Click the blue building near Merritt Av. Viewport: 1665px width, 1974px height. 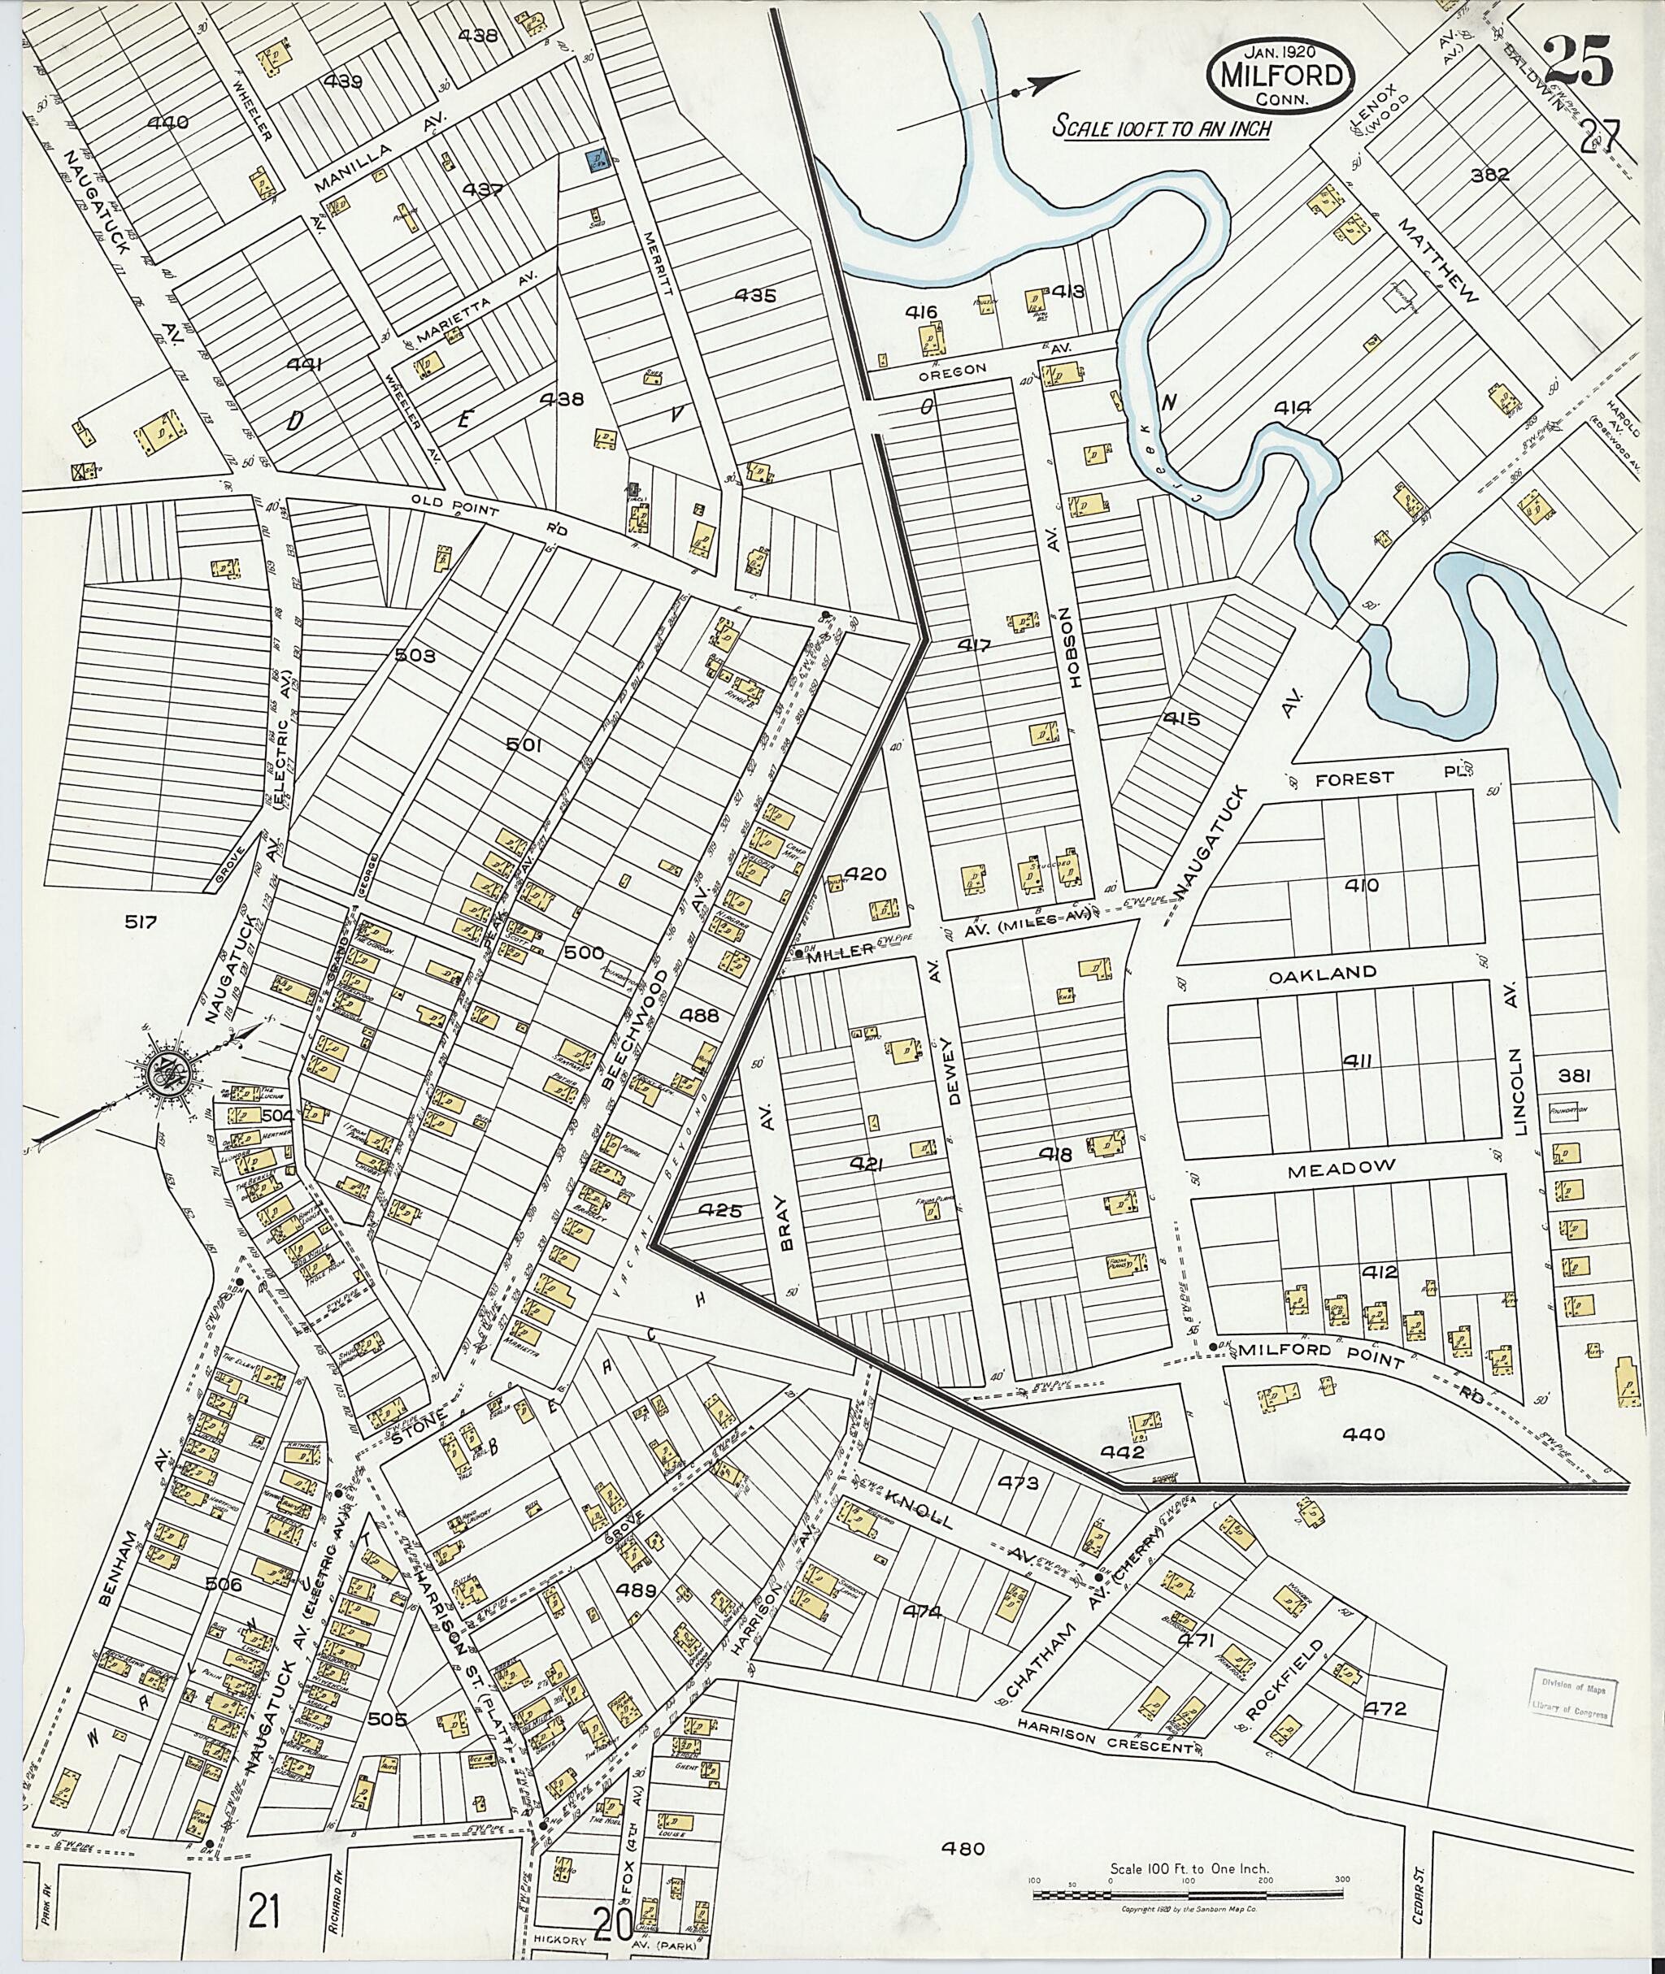pos(597,159)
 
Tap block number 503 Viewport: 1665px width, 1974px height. pos(415,656)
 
